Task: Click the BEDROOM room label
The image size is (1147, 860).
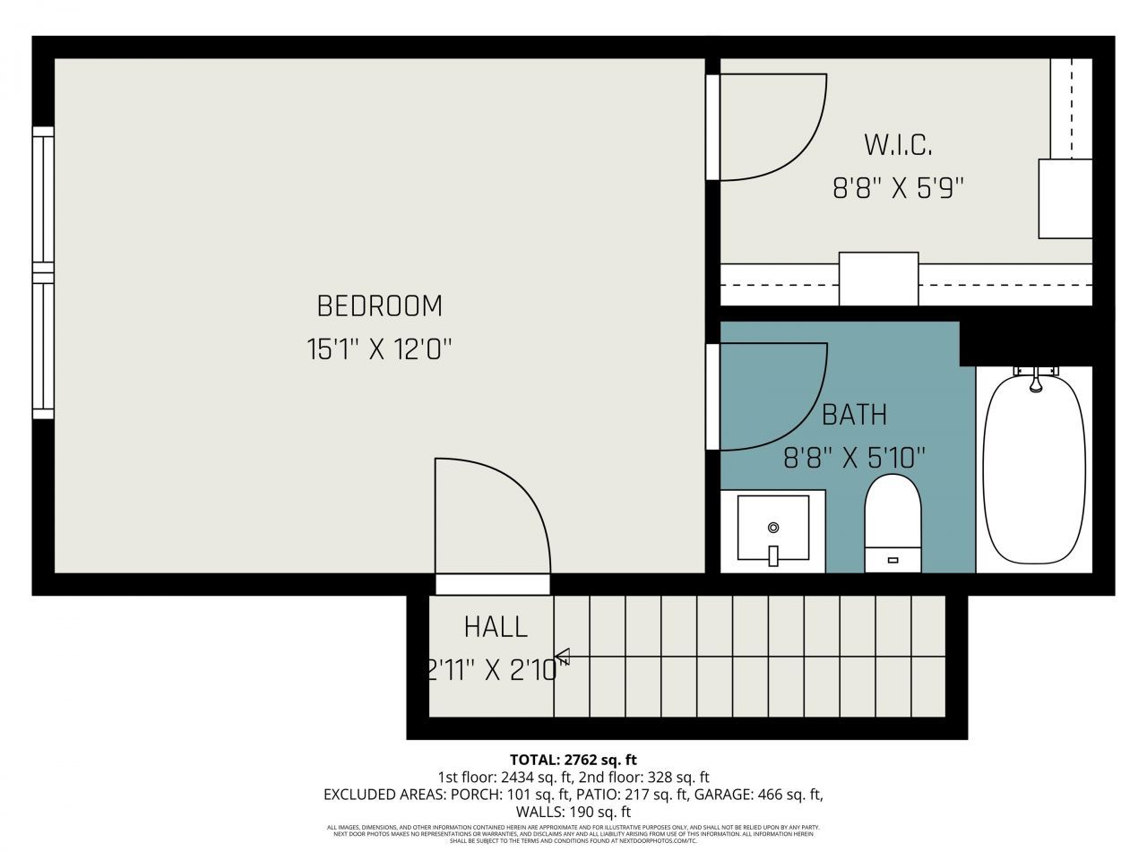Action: (379, 306)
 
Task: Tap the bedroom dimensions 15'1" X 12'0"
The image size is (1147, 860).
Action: (379, 349)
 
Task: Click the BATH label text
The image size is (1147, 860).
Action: (854, 415)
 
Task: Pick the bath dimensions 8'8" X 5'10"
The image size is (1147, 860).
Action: (854, 459)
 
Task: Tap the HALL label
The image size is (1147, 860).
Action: (496, 627)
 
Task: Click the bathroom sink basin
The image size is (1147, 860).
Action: (772, 530)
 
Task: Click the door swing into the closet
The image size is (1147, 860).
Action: (771, 125)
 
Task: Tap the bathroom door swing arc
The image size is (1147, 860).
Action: (771, 394)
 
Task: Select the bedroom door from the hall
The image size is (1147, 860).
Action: (491, 520)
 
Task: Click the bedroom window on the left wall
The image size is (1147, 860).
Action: (43, 272)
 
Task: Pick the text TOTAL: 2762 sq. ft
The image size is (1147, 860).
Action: (573, 760)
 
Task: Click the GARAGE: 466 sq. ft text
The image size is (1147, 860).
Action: (769, 795)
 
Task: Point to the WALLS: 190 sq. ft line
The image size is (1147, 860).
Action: (573, 812)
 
